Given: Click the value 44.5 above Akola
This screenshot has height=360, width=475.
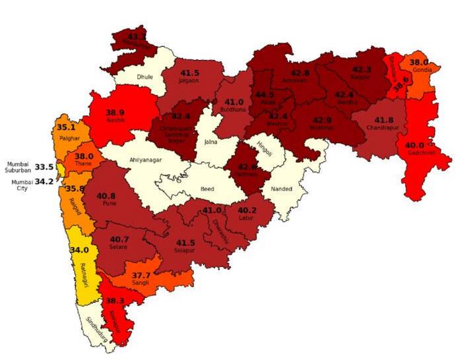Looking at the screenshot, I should (265, 94).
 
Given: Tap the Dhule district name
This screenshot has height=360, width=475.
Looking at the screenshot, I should (144, 77).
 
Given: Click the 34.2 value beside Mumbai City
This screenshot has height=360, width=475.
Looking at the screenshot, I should (44, 181).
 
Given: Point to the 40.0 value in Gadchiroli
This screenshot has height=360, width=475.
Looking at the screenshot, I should (415, 146).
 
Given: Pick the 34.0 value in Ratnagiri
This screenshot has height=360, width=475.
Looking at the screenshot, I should (79, 250).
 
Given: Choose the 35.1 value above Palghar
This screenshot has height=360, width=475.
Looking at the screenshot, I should (65, 127).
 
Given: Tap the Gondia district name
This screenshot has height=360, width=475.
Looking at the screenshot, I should (422, 70).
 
